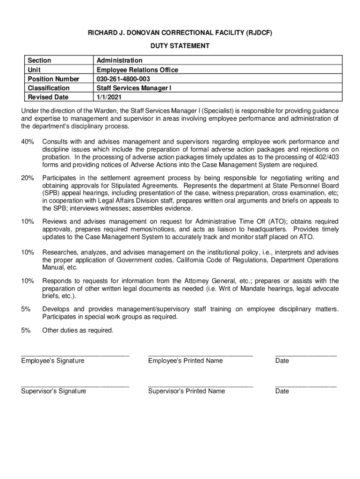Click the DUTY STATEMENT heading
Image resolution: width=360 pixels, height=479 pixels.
click(x=180, y=46)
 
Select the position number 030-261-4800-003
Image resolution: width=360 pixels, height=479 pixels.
click(x=123, y=79)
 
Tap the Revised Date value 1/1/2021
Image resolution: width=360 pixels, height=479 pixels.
click(x=108, y=97)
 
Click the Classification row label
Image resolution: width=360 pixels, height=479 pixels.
click(x=49, y=88)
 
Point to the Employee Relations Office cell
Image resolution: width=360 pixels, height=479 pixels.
click(x=137, y=70)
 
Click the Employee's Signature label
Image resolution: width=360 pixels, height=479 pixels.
click(x=52, y=361)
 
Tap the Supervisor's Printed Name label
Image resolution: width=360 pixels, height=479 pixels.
click(x=187, y=391)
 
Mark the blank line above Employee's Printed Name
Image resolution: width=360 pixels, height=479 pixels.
click(x=200, y=356)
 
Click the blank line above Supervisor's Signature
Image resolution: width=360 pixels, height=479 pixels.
click(x=75, y=386)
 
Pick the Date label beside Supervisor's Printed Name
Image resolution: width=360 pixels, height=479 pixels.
click(x=282, y=391)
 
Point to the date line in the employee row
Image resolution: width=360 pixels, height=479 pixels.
click(x=306, y=356)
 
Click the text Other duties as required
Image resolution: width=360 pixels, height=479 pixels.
click(x=78, y=330)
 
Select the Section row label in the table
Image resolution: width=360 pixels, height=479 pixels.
click(x=39, y=60)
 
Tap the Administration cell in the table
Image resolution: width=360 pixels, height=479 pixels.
click(x=119, y=60)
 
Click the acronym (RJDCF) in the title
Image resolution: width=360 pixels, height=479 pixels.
click(x=255, y=33)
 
